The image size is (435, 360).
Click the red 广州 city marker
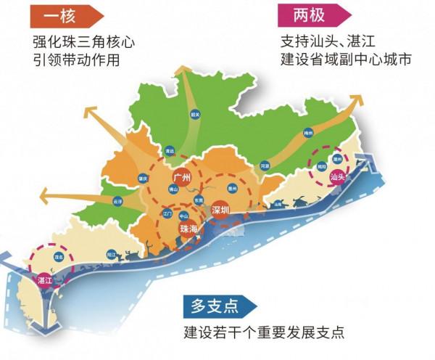[x=181, y=176]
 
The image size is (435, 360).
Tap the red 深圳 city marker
[x=220, y=210]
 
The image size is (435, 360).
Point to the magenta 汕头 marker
[x=336, y=176]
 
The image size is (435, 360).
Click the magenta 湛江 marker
[x=43, y=280]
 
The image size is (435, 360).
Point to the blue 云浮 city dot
[x=119, y=200]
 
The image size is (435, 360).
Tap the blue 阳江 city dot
[x=111, y=255]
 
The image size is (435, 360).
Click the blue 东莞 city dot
[x=198, y=200]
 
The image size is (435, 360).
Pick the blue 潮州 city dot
[x=336, y=157]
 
